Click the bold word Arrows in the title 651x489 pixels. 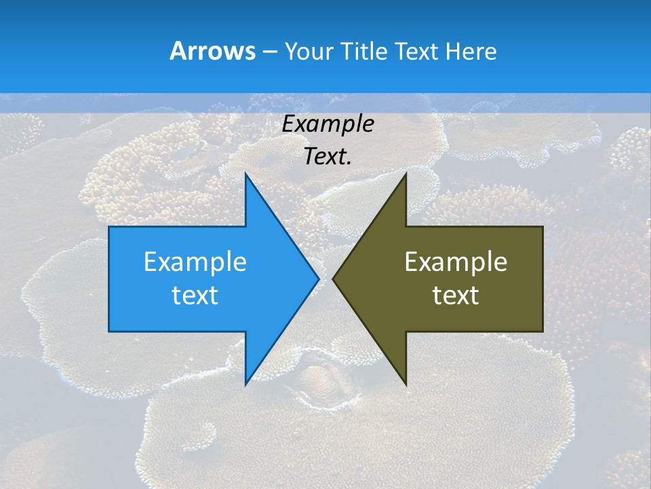(212, 52)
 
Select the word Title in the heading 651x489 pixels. (365, 52)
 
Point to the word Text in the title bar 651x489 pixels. (417, 52)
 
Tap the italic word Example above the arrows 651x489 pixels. (328, 124)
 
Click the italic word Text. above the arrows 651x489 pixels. (328, 157)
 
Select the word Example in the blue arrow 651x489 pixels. (195, 261)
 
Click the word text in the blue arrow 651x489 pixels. (195, 295)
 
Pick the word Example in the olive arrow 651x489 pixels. (456, 261)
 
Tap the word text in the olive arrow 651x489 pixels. (456, 295)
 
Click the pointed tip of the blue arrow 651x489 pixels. (318, 278)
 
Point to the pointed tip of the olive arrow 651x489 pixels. (334, 278)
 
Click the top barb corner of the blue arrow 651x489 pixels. (245, 174)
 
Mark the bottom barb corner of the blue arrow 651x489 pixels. (245, 384)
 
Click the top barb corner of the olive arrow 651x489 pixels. (406, 174)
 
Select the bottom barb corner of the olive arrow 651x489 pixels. (406, 384)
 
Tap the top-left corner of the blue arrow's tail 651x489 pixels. (109, 227)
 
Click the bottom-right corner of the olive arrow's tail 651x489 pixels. (542, 331)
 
